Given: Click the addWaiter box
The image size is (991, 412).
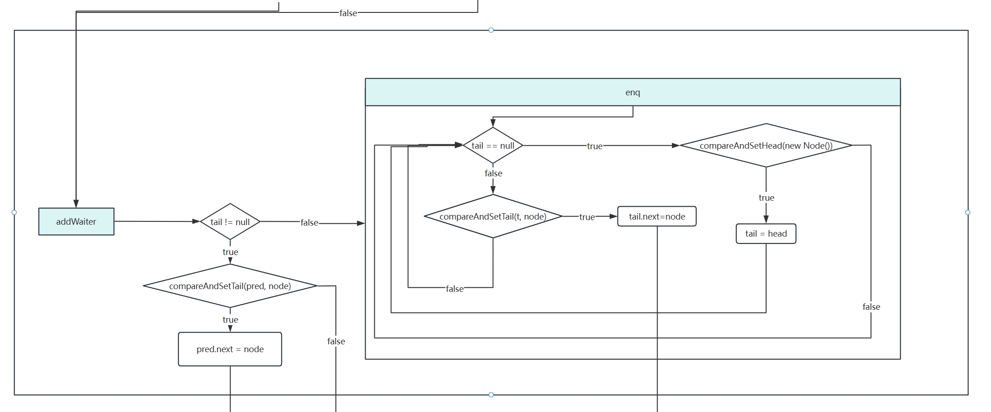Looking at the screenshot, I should (76, 221).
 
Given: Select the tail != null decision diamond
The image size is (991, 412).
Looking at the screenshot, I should (230, 222).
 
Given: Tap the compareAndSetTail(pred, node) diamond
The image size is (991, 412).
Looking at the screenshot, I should (230, 286).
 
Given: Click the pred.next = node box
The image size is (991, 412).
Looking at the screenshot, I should (230, 349).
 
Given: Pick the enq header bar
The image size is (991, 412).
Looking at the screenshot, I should (632, 93).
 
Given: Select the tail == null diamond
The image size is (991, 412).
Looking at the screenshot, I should (493, 145).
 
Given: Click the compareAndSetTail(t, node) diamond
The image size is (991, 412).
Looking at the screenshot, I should (493, 216).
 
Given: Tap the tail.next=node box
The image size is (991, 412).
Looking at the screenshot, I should (657, 216).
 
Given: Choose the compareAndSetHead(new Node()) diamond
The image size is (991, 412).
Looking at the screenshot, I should (766, 145).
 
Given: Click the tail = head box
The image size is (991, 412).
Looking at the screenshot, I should (766, 233).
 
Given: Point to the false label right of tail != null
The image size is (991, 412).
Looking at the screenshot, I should (309, 223).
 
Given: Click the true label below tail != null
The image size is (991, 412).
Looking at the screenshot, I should (230, 252).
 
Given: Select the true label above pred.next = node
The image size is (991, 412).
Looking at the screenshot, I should (230, 319).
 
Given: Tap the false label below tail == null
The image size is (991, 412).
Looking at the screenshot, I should (493, 173).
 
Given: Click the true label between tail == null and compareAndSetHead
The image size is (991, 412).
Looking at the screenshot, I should (595, 146).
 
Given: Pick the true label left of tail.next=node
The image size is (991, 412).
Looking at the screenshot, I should (587, 217).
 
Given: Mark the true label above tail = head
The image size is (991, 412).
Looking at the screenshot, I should (766, 197).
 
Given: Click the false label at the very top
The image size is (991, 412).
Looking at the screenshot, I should (348, 13).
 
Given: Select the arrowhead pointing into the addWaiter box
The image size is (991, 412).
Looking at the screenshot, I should (76, 204).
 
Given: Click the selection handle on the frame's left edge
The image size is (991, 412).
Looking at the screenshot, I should (14, 212).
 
